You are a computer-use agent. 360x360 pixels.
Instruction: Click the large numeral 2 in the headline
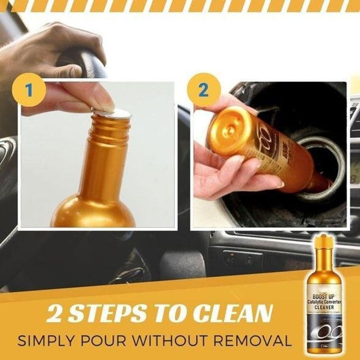[x=58, y=314]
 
